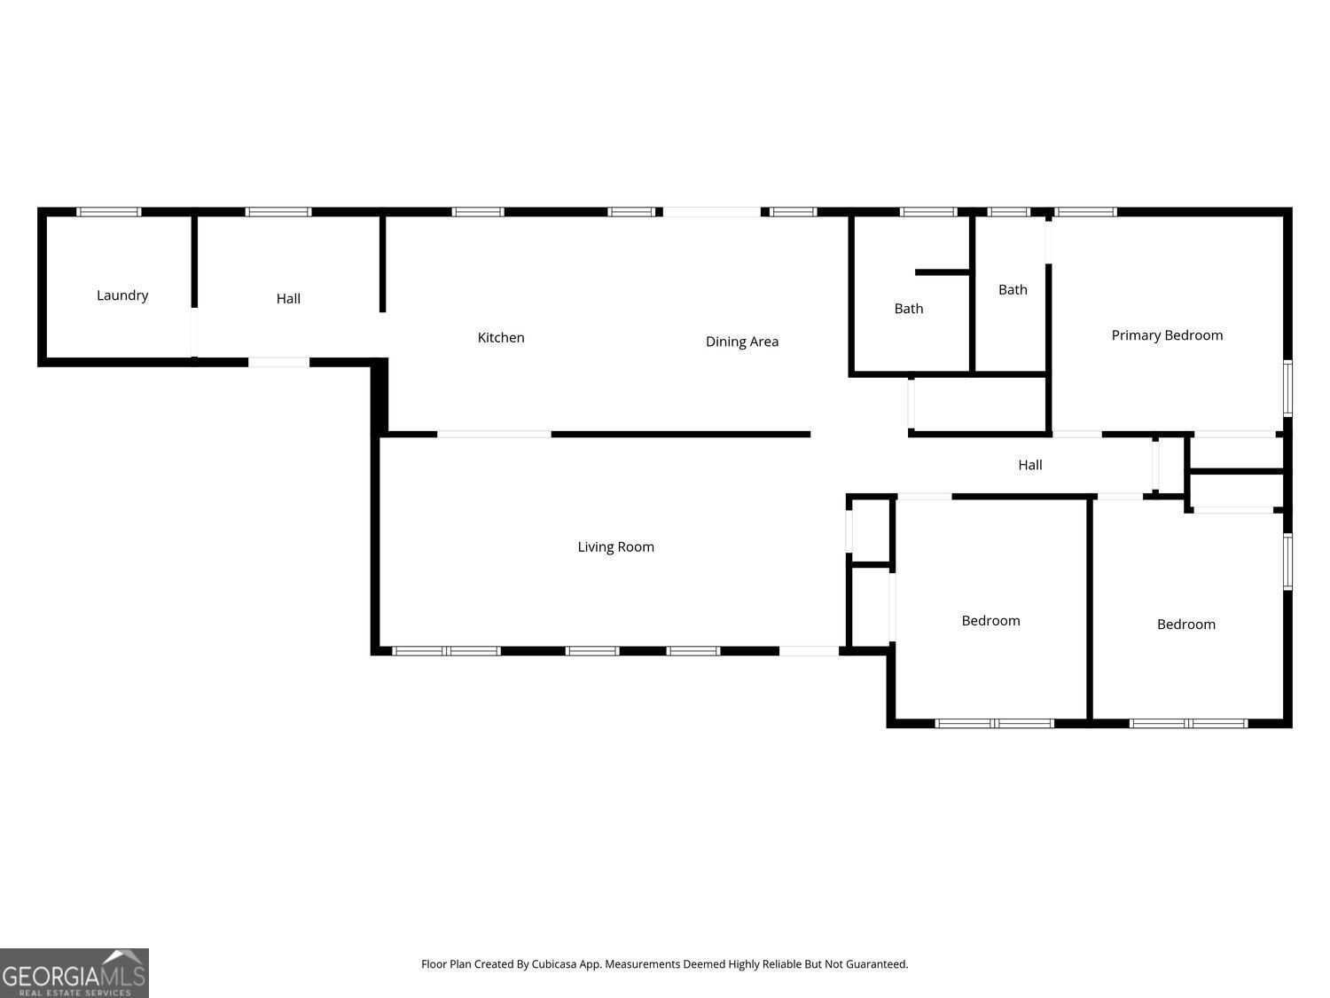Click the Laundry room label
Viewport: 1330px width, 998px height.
(x=122, y=295)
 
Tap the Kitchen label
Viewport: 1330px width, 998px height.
(x=501, y=337)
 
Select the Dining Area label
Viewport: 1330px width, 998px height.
(x=742, y=342)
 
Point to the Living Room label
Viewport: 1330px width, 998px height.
(x=615, y=546)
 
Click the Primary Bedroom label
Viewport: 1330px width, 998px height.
(x=1167, y=335)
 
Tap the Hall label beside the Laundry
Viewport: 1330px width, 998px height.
(x=288, y=299)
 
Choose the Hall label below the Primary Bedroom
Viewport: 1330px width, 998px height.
(x=1029, y=465)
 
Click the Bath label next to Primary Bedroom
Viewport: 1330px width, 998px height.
(x=1013, y=289)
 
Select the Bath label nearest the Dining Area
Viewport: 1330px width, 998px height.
(x=908, y=309)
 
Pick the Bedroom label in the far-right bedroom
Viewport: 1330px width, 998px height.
(x=1185, y=625)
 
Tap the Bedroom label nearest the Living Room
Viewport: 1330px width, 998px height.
(x=990, y=621)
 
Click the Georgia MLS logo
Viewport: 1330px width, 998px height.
(x=74, y=973)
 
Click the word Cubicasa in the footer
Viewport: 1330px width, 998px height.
(x=555, y=964)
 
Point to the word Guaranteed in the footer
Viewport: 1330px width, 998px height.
(x=877, y=964)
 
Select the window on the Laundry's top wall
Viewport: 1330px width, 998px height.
(x=109, y=212)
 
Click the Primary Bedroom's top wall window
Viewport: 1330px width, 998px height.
(x=1085, y=212)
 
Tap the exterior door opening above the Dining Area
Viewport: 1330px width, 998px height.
(x=712, y=212)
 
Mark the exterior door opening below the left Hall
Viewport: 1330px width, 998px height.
(x=278, y=362)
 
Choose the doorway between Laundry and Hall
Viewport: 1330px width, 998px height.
(x=193, y=332)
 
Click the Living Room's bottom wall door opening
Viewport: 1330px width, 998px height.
(x=809, y=651)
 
